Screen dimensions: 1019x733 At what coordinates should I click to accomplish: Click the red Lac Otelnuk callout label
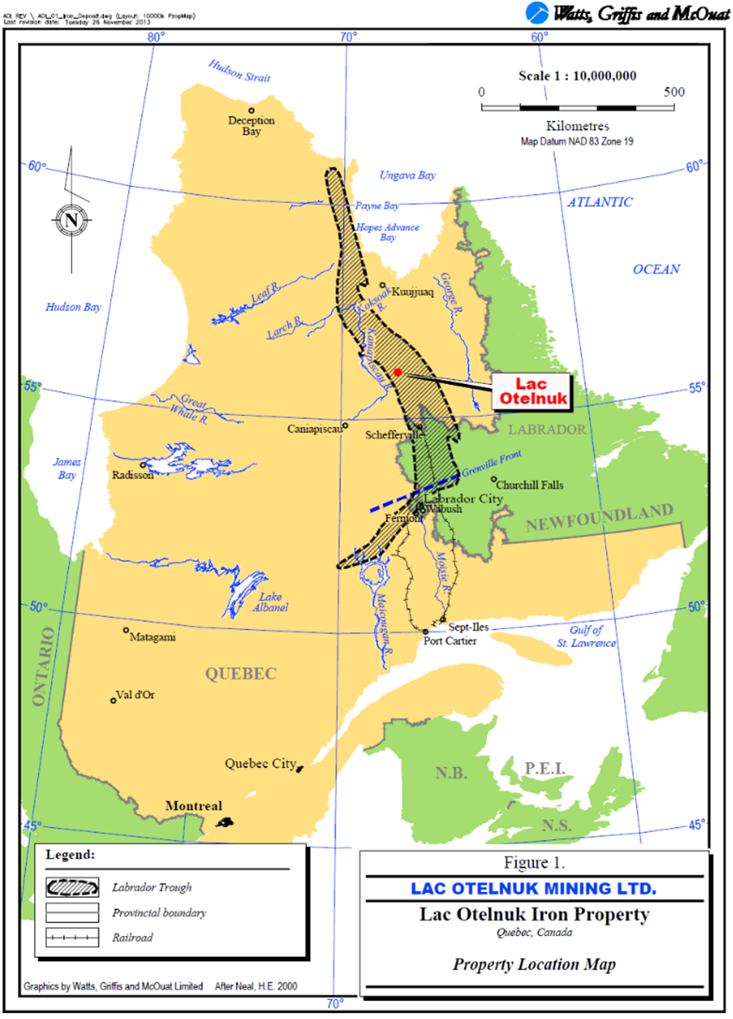tap(531, 391)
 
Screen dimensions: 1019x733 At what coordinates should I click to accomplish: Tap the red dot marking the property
tap(398, 372)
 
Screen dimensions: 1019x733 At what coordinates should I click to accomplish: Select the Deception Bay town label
tap(251, 126)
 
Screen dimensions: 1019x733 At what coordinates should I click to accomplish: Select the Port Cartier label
tap(449, 641)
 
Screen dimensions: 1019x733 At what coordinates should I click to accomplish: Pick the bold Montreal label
tap(194, 806)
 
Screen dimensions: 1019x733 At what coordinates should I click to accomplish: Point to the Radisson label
tap(134, 475)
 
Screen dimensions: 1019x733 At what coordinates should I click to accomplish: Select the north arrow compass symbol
tap(71, 220)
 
